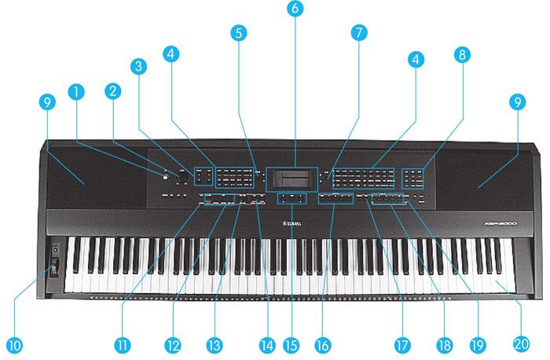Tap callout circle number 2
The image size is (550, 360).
[x=112, y=91]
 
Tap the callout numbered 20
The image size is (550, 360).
[x=519, y=343]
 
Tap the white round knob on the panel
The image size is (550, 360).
[x=166, y=174]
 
